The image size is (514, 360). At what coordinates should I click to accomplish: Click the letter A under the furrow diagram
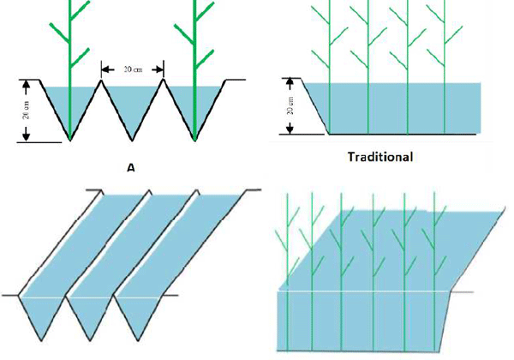pos(131,168)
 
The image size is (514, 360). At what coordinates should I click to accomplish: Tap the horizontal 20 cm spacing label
pos(133,69)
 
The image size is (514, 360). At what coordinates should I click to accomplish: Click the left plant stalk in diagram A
pos(69,51)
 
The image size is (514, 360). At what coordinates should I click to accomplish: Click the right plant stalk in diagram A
pos(195,51)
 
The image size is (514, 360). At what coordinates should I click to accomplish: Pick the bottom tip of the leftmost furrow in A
pos(69,140)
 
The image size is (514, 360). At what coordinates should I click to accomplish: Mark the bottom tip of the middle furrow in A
pos(133,140)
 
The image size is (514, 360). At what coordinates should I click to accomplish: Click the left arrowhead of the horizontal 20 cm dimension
pos(104,69)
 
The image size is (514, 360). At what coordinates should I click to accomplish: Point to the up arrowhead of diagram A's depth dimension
pos(27,84)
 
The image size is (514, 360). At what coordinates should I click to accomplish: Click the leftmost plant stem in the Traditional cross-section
pos(330,69)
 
